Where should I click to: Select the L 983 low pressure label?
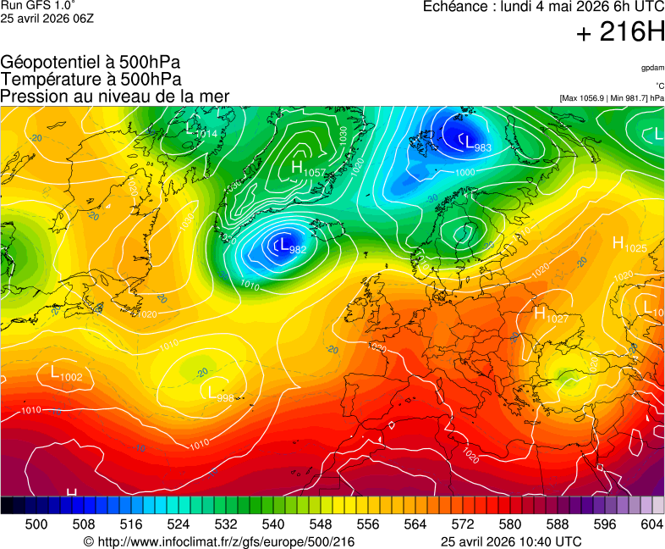coord(476,143)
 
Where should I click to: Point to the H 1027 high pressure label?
coord(551,314)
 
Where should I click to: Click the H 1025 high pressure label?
coord(629,245)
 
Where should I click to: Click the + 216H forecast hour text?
coord(620,33)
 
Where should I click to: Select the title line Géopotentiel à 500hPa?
coord(91,63)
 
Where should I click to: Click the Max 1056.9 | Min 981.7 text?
coord(611,98)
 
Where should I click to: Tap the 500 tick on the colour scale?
coord(36,524)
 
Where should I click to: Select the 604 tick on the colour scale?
coord(651,524)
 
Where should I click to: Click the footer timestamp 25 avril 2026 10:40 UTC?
coord(511,541)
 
